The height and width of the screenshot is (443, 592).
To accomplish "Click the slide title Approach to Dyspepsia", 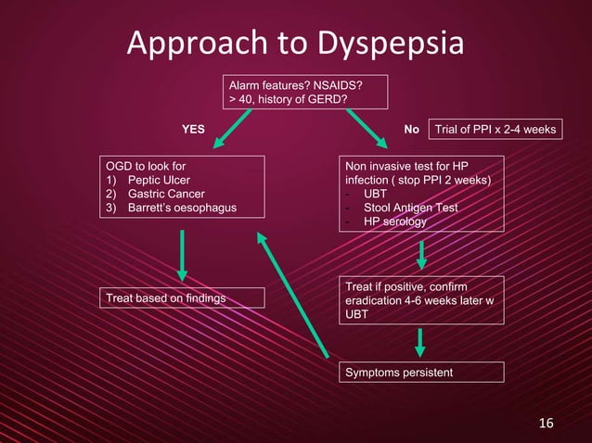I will pos(295,44).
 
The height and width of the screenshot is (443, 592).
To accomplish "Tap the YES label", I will pos(192,130).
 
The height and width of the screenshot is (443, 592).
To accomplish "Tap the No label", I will pos(412,130).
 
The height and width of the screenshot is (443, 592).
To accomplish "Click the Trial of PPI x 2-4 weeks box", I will pos(498,130).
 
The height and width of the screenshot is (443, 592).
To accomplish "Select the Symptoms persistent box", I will pos(399,372).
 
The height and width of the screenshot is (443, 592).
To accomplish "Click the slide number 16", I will pos(547,424).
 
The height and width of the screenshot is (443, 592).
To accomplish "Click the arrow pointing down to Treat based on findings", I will pos(182,255).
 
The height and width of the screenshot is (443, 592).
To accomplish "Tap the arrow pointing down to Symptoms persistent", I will pos(420,341).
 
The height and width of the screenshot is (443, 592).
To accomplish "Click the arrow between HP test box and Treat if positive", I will pos(422,253).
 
